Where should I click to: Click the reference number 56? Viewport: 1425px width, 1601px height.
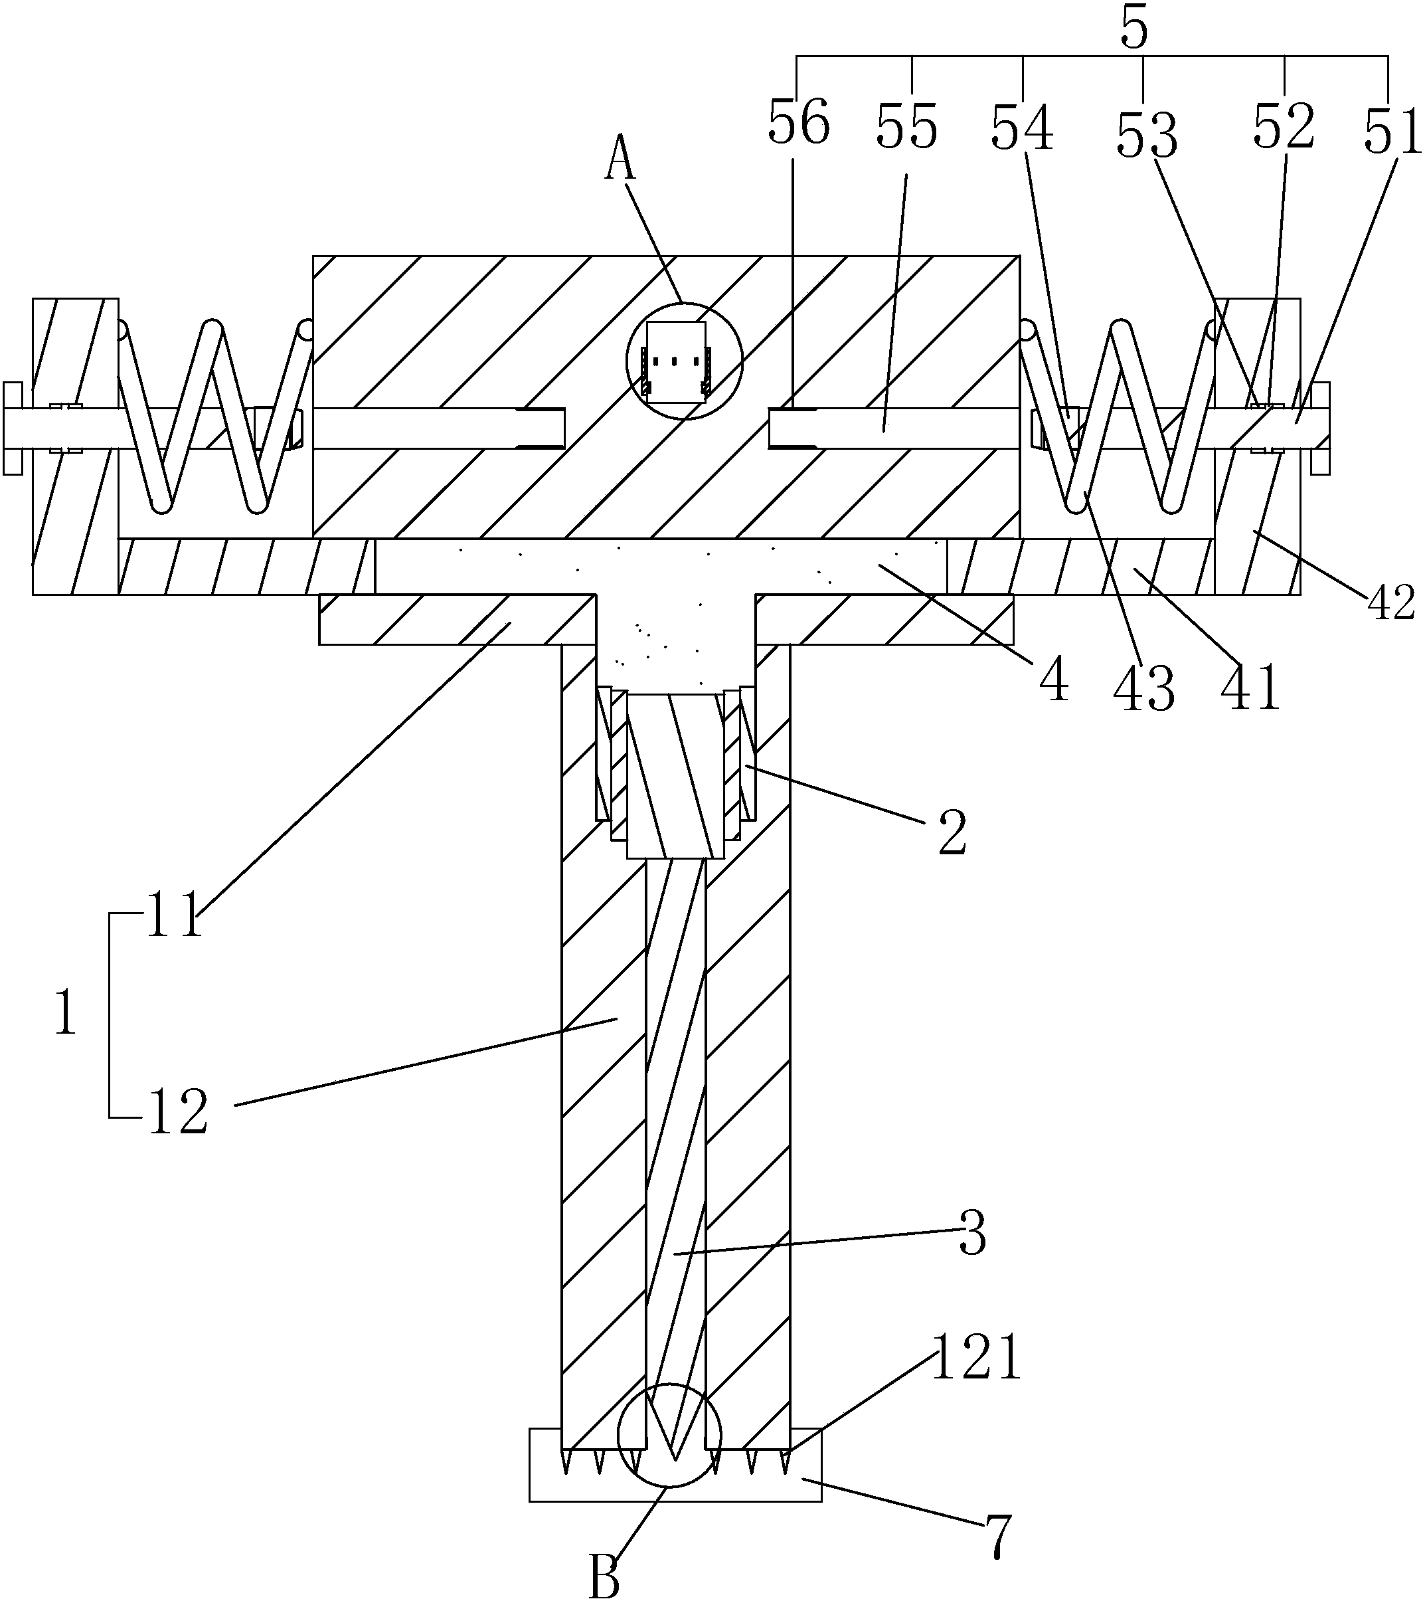[x=798, y=124]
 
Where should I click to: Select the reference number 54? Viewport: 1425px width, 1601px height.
[x=1022, y=128]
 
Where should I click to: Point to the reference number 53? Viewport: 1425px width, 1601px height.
[x=1146, y=135]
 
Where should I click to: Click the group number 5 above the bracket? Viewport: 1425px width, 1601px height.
[x=1133, y=29]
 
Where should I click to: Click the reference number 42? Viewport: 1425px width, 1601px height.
[x=1391, y=603]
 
